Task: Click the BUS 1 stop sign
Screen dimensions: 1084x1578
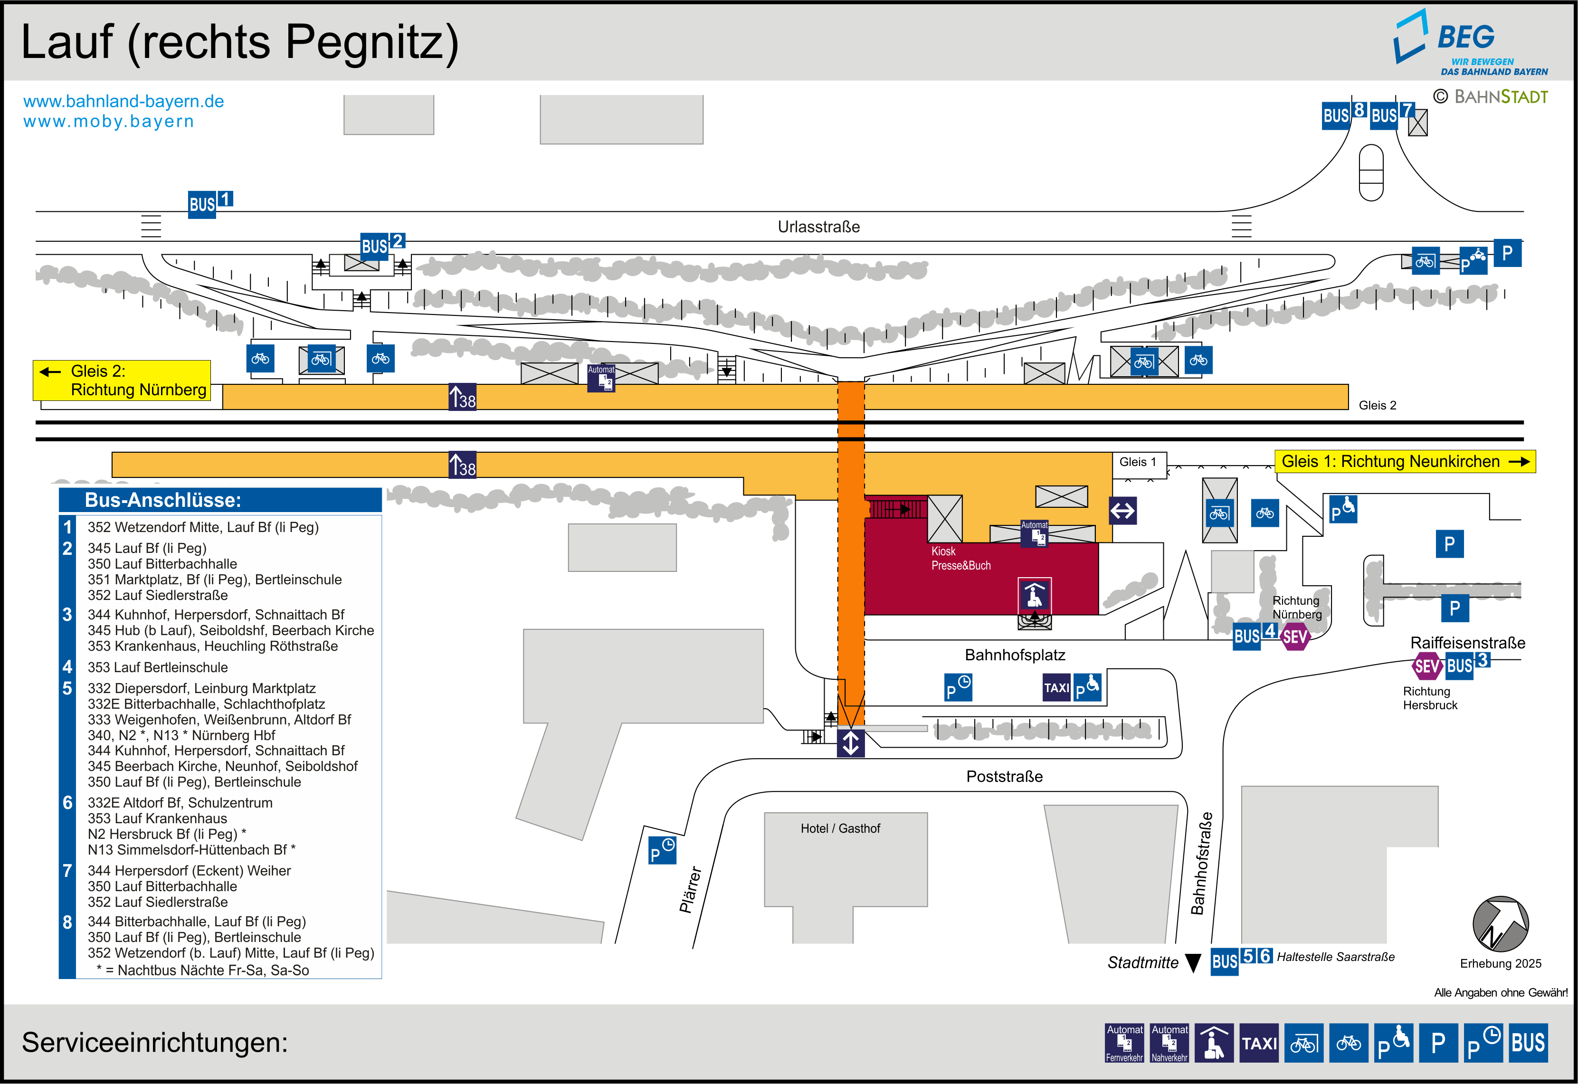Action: (210, 204)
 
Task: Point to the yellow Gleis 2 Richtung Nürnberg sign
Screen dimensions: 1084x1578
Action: (122, 380)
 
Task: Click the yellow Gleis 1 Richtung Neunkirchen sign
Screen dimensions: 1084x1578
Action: (1404, 462)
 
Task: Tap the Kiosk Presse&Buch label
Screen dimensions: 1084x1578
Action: (960, 558)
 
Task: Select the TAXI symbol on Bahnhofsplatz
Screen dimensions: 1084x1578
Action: (1056, 688)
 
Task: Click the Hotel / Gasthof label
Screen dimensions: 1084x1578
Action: (840, 828)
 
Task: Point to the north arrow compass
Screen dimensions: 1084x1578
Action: (1500, 924)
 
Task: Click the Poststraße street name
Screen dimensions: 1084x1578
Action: (1004, 776)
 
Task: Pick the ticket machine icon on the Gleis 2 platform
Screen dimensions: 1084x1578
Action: (601, 378)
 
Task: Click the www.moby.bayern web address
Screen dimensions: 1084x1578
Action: (109, 122)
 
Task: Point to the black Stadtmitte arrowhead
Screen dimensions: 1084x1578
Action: (1193, 963)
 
